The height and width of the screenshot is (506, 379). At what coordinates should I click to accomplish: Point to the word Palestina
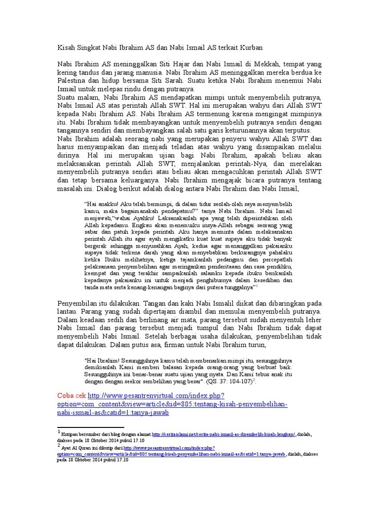point(70,81)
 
